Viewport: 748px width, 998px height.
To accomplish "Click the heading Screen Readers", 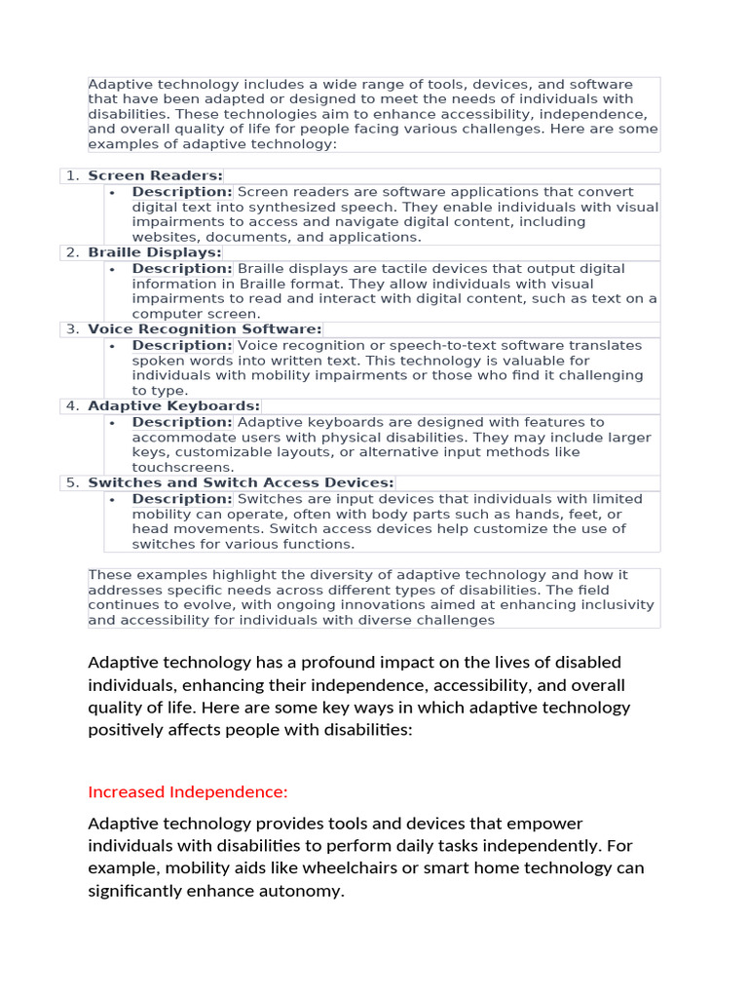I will (x=155, y=176).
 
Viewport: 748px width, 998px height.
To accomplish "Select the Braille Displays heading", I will (x=155, y=253).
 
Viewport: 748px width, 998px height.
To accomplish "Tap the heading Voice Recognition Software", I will (x=205, y=329).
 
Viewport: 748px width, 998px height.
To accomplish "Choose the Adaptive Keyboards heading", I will (x=173, y=406).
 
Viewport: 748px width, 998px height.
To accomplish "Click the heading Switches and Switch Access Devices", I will (x=241, y=482).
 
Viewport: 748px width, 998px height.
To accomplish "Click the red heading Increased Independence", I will (x=188, y=791).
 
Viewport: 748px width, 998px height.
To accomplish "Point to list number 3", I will (x=73, y=329).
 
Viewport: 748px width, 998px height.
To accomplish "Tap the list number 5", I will (x=73, y=482).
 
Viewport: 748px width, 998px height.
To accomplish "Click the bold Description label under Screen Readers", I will (x=182, y=192).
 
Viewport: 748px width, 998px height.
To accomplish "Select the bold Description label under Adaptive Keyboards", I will (x=182, y=422).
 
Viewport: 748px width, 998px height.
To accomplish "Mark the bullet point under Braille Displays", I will (x=113, y=269).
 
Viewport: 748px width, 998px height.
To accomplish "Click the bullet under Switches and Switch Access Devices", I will (x=113, y=499).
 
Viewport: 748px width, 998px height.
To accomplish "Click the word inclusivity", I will (x=608, y=604).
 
